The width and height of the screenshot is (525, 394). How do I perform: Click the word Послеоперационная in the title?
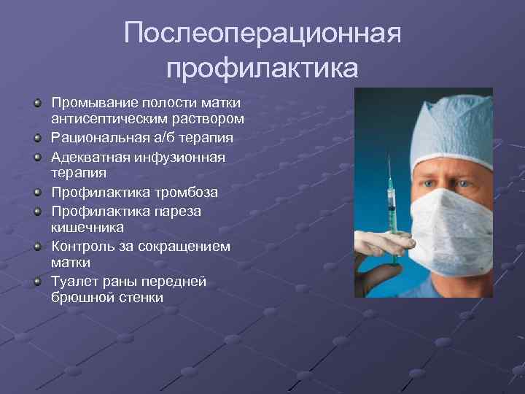[x=262, y=33]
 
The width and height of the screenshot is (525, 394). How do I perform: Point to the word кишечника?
[x=87, y=228]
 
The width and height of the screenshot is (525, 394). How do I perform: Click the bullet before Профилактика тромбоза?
[x=37, y=193]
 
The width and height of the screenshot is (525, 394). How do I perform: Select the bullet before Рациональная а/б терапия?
[x=37, y=137]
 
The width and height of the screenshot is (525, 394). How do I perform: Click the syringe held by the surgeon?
[x=393, y=205]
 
